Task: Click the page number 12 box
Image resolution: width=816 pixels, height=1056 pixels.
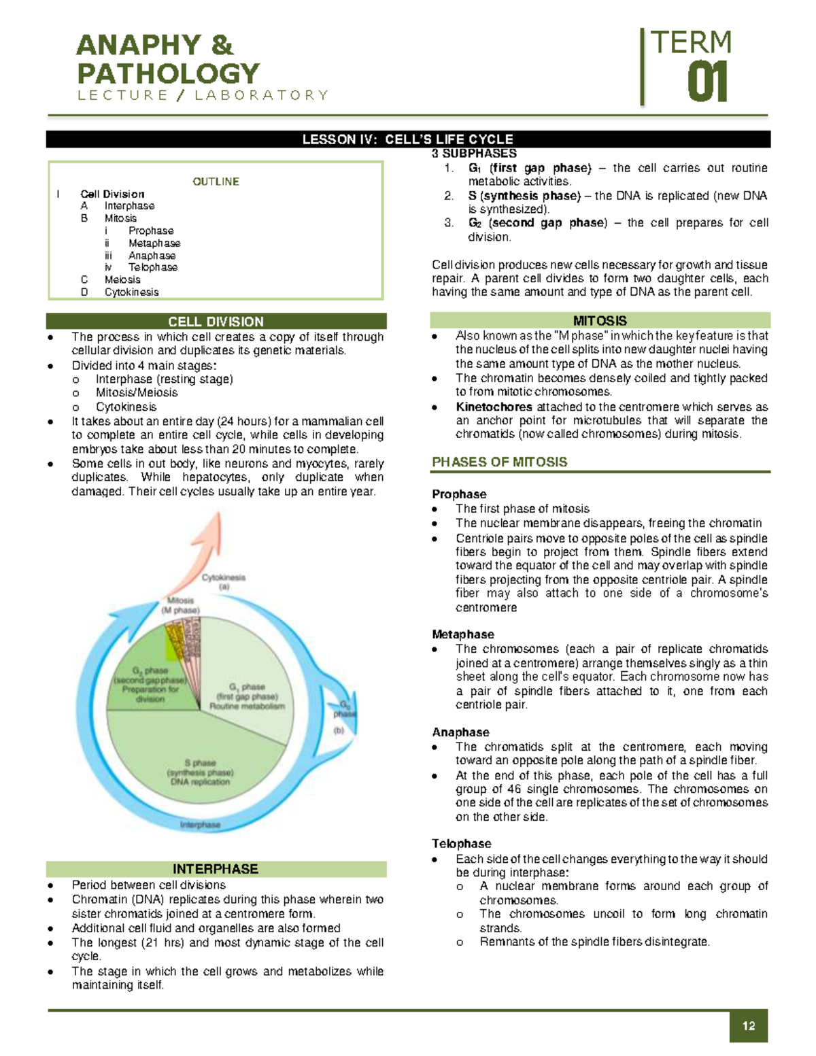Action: tap(749, 1025)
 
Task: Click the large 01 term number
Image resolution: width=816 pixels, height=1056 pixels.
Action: tap(707, 83)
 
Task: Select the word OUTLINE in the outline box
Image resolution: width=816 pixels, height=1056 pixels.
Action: tap(216, 182)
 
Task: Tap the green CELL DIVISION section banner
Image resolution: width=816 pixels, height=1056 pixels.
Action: tap(216, 322)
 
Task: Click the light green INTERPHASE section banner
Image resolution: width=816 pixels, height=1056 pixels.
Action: tap(216, 869)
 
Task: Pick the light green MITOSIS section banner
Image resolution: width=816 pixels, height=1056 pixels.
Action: tap(600, 320)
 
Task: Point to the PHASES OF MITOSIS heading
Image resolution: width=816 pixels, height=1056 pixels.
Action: tap(499, 462)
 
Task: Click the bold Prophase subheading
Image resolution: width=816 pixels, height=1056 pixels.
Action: tap(459, 494)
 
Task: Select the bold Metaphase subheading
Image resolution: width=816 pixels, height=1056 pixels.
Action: tap(462, 634)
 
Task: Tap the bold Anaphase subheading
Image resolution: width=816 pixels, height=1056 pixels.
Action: tap(460, 732)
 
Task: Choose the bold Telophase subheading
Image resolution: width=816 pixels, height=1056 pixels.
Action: tap(461, 844)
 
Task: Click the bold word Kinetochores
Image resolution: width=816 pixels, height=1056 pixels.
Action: tap(494, 407)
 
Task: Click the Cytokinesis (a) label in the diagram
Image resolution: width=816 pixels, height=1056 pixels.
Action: tap(224, 581)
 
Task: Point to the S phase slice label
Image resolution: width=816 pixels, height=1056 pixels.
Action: tap(200, 772)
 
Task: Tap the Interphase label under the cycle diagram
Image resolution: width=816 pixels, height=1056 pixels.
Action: tap(200, 825)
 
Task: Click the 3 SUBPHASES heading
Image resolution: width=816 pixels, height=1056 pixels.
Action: tap(474, 154)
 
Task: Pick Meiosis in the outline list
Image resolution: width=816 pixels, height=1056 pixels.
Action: tap(122, 279)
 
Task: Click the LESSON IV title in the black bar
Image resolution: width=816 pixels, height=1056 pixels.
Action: tap(408, 139)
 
